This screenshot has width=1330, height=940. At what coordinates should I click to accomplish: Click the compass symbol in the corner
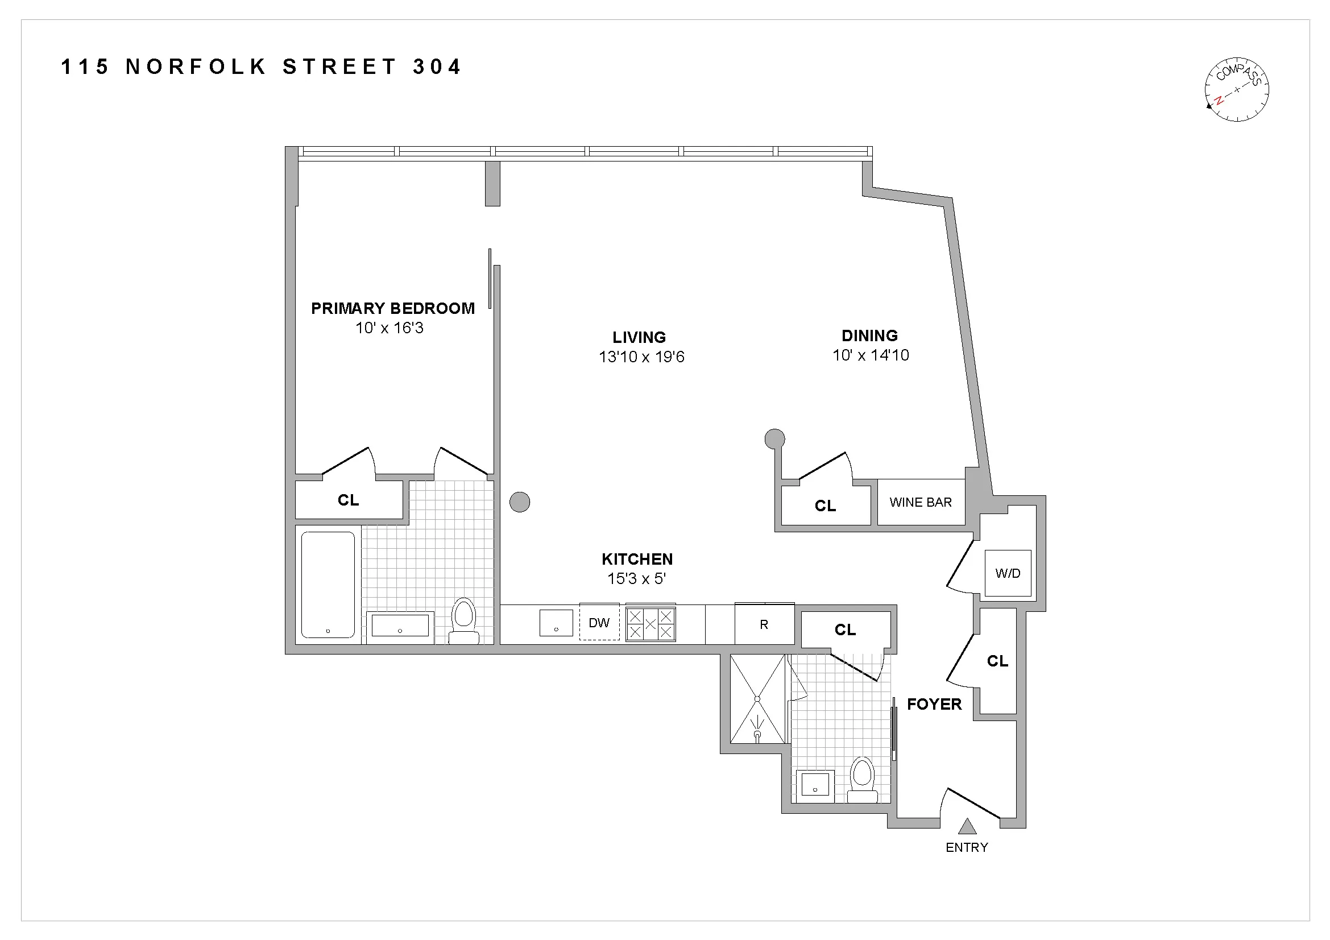1236,90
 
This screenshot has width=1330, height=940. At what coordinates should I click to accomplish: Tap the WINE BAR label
921,502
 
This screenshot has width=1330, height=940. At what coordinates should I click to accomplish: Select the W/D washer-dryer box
1008,573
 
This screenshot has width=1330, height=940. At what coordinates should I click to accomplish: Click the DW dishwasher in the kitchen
599,623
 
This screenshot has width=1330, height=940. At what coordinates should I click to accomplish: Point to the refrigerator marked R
764,624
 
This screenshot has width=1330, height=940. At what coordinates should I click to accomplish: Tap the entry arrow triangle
967,826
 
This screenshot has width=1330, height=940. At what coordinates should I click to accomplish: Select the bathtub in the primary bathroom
328,585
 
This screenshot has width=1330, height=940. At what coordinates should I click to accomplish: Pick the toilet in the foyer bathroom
863,780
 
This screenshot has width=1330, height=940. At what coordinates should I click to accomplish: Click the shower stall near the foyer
757,699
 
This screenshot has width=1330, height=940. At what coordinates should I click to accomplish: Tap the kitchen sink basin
556,623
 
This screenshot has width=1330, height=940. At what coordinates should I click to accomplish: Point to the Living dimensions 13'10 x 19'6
641,357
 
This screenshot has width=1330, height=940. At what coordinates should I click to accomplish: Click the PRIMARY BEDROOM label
393,308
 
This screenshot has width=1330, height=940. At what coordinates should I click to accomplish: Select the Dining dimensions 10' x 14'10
871,355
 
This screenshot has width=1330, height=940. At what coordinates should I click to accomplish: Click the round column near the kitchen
520,502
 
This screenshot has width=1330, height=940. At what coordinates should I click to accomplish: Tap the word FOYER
934,704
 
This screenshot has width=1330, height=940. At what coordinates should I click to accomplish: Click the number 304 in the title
437,67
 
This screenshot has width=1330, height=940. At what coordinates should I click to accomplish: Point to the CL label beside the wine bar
825,506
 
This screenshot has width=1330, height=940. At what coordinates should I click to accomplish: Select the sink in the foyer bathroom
815,786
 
